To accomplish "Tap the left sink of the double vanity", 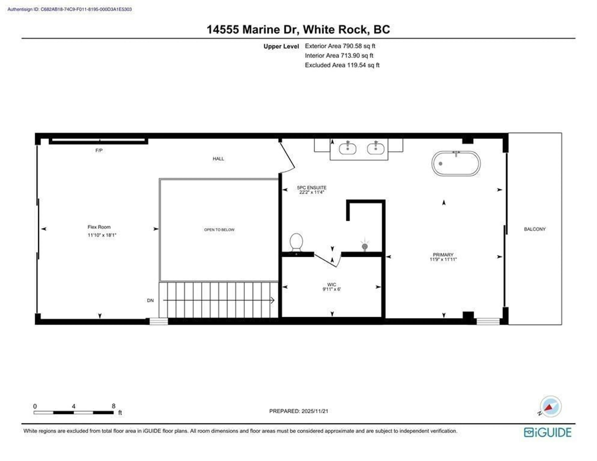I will point(347,149).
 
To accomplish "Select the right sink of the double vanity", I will point(376,149).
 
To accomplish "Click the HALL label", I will point(218,158).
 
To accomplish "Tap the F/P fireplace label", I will point(99,150).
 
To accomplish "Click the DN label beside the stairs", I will point(150,300).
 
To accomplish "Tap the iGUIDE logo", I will point(548,432).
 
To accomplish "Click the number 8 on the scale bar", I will point(113,406).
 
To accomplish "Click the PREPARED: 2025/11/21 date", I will point(298,411).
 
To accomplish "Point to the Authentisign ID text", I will point(69,9).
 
